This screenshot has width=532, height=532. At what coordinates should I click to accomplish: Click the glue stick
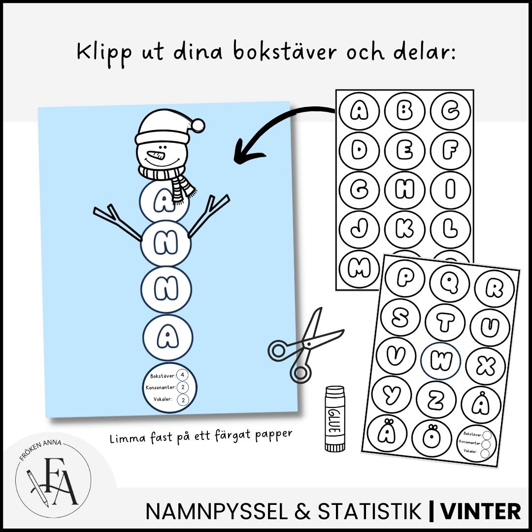(x=335, y=419)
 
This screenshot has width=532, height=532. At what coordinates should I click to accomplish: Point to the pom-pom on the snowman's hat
(x=198, y=125)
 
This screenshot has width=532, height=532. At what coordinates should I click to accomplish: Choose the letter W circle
(x=440, y=361)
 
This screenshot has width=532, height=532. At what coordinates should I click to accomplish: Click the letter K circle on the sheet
(x=404, y=229)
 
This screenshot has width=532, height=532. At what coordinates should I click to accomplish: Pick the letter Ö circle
(x=432, y=438)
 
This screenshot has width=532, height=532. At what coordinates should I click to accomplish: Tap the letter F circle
(x=450, y=151)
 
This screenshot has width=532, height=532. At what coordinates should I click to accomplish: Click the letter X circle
(x=486, y=366)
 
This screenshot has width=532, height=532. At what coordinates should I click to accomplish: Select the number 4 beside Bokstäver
(x=183, y=375)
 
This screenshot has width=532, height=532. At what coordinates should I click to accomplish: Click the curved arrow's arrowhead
(x=246, y=152)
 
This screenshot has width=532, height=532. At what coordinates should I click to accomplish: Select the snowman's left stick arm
(x=117, y=222)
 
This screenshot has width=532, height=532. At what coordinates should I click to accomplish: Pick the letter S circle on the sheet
(x=400, y=318)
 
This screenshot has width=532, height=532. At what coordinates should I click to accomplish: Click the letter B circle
(x=404, y=111)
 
